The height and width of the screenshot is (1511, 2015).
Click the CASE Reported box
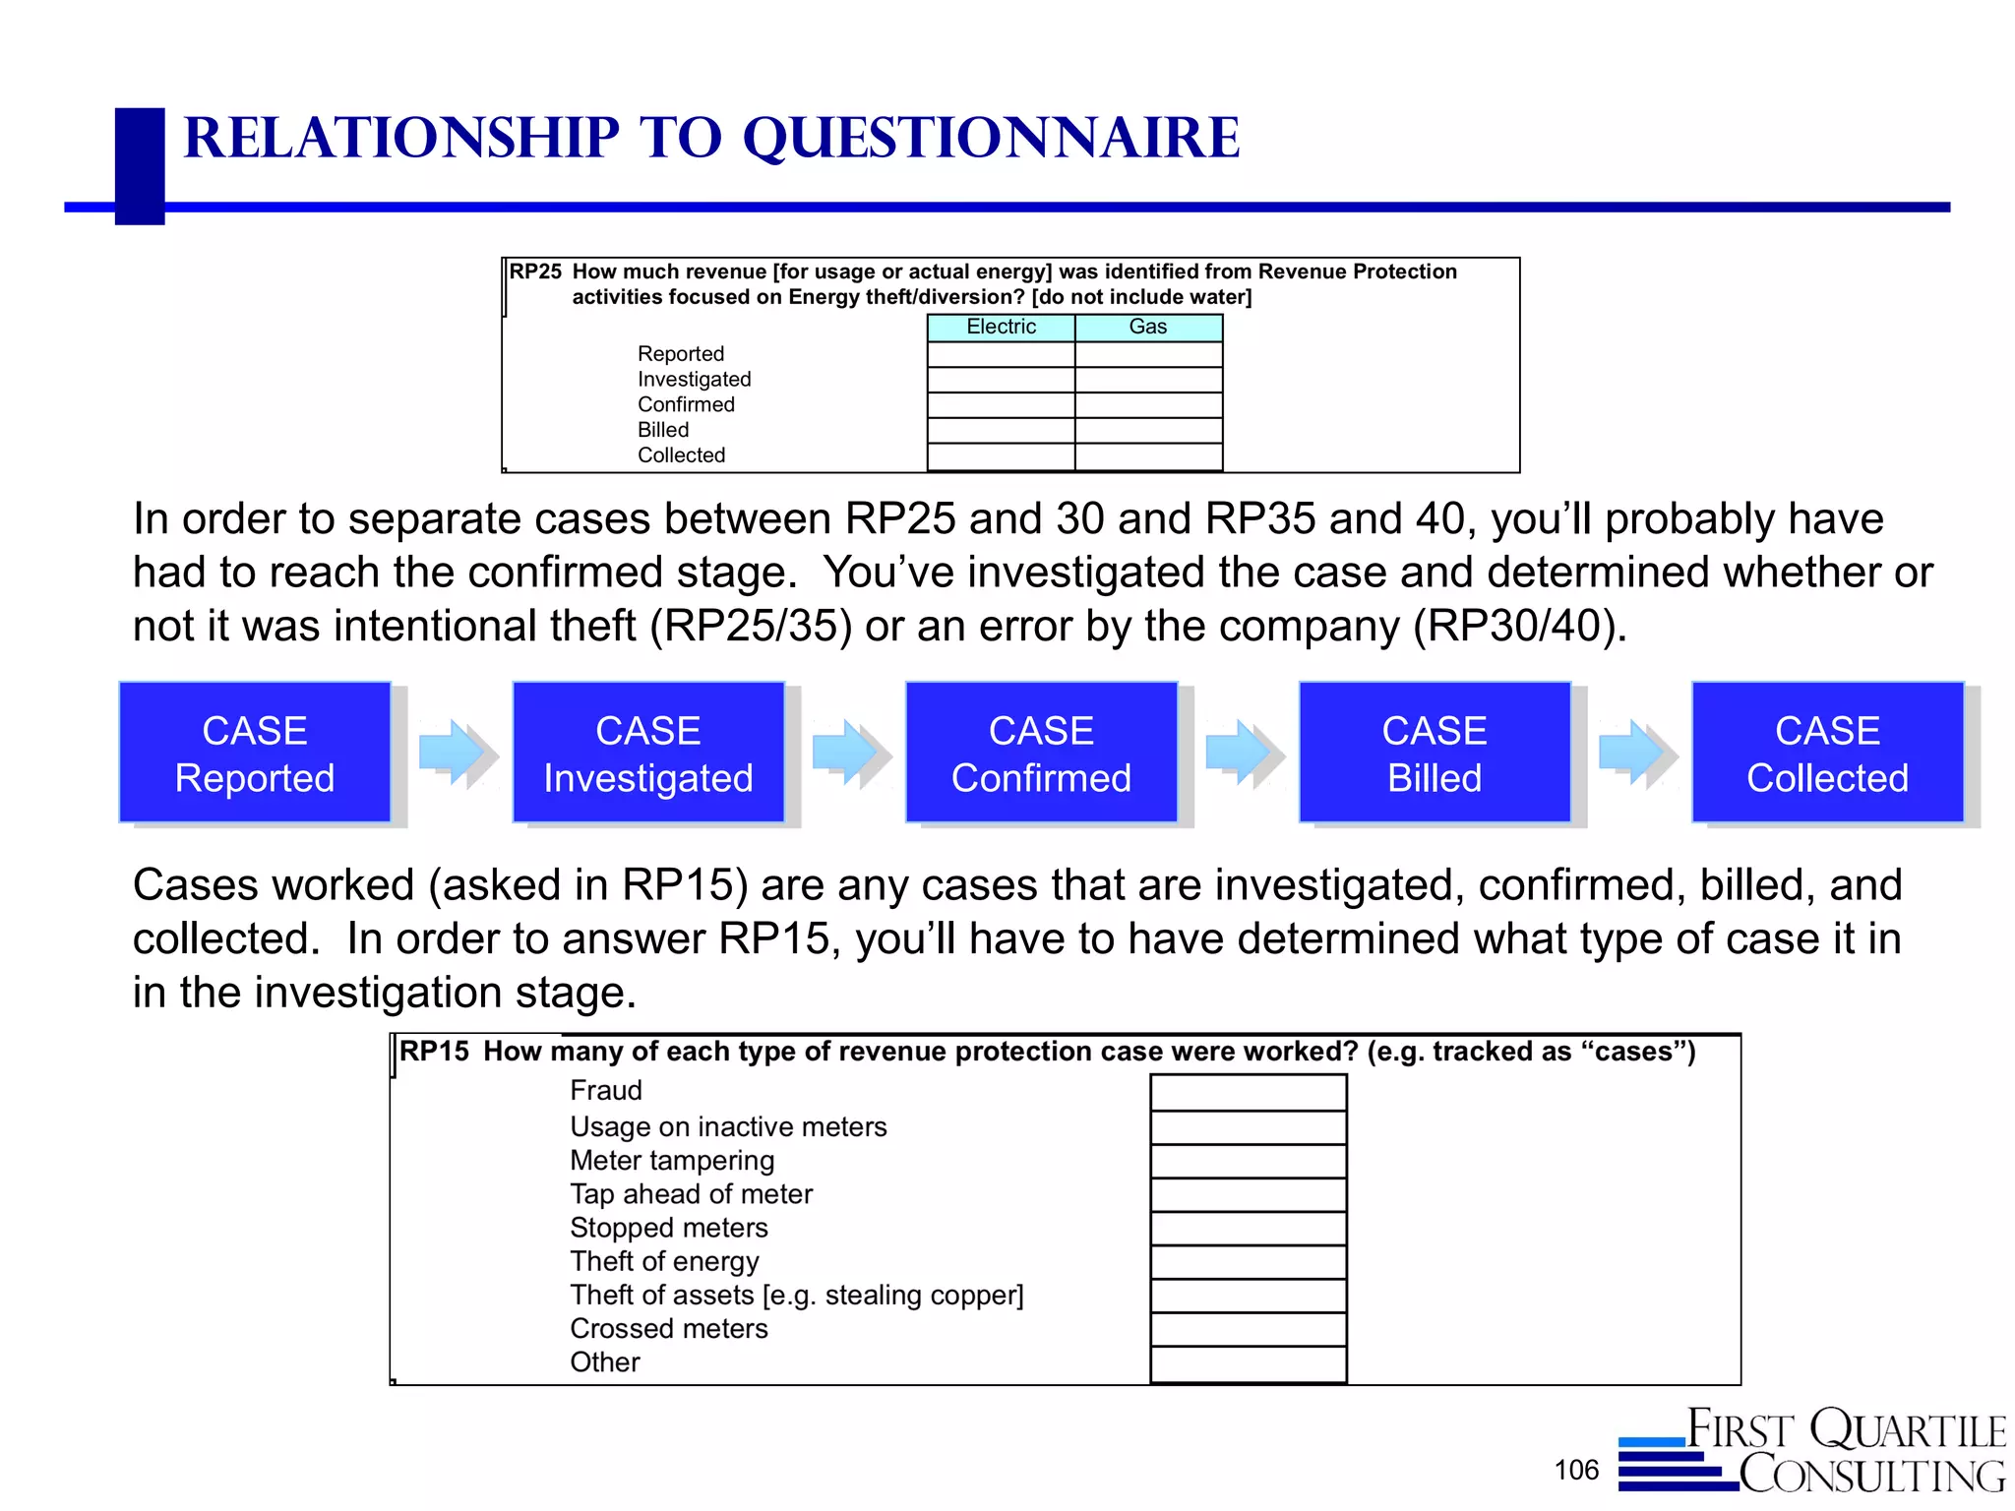255,753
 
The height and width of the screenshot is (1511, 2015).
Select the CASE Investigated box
648,753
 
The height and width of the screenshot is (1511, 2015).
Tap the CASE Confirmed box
1041,753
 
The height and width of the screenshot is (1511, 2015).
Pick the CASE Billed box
1435,753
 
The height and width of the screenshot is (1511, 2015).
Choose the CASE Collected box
1827,753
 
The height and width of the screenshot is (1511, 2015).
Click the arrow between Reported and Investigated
455,753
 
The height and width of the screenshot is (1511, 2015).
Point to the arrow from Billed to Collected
1634,753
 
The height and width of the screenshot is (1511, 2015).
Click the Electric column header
1001,328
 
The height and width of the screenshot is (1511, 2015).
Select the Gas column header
1148,328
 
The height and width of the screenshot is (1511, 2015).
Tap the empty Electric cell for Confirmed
1001,405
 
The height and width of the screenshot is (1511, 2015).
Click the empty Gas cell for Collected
1148,456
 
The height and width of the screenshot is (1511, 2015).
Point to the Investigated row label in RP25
694,380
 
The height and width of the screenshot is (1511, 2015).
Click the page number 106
1576,1470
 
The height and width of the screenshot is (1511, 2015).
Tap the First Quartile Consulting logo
1813,1452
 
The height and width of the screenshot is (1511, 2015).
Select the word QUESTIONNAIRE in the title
991,138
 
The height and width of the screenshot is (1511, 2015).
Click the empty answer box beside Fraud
1248,1093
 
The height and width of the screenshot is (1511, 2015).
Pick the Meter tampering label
672,1161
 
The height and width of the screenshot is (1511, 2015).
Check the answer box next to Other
1248,1363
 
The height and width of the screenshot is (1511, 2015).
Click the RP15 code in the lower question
434,1052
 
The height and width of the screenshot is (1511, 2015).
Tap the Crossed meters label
668,1329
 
